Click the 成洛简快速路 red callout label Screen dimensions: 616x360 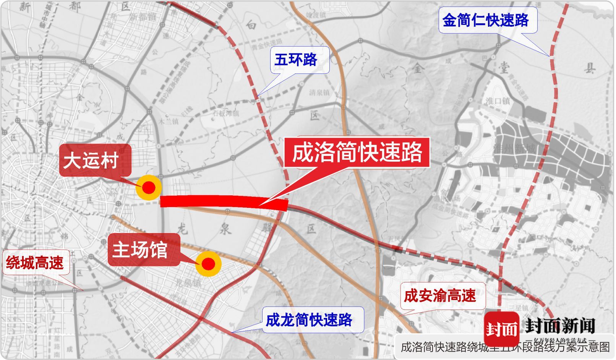[x=357, y=152]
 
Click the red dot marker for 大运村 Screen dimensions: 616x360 [x=149, y=188]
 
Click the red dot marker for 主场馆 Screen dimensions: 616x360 [x=208, y=264]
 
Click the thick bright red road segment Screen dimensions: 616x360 [x=224, y=201]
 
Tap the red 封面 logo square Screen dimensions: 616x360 [x=501, y=328]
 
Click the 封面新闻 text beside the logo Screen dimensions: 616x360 [x=560, y=326]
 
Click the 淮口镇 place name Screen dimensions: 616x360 [x=498, y=101]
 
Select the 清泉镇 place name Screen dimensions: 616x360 [x=319, y=92]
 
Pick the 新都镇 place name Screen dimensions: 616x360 [x=143, y=16]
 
